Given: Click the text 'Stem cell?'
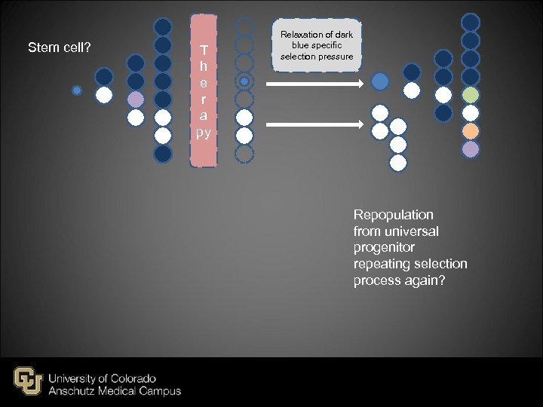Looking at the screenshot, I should pos(60,48).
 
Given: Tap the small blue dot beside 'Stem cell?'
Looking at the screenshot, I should pos(76,90).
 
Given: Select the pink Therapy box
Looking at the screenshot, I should pos(203,90).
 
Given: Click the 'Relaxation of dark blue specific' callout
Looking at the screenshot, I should pos(317,46).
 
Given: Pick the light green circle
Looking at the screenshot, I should pos(471,95).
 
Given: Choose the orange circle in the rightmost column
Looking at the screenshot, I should pos(471,131).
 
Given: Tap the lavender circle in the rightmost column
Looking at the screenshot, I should pos(471,149).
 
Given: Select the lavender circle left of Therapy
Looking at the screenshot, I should pos(136,99).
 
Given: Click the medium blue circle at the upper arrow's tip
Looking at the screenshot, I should pos(381,81).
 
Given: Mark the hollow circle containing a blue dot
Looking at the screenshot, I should pos(244,81).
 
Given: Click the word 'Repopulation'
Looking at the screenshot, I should pos(394,215).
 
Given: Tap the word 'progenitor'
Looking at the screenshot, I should pos(384,248).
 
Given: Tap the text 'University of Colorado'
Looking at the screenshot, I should pos(103,378).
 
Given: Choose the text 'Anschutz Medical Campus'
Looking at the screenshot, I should pos(115,391).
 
